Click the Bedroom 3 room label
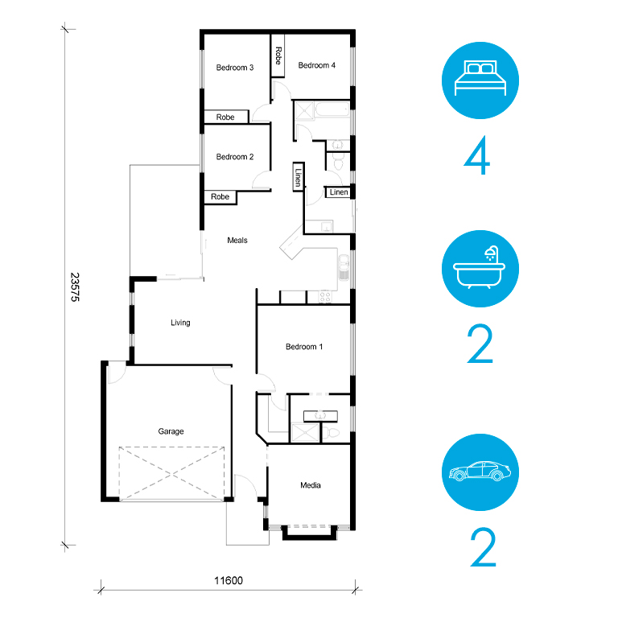point(235,68)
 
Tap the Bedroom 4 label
point(316,65)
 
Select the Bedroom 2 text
point(235,157)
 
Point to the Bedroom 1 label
point(304,347)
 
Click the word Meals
point(237,241)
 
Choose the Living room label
point(180,323)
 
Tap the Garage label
point(171,431)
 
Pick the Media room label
point(311,485)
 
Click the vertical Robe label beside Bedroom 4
point(278,56)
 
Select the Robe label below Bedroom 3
point(225,117)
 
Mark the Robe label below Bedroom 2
point(220,196)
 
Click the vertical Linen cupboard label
point(299,178)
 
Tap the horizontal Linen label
point(339,192)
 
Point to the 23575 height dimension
point(75,287)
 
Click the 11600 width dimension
point(229,580)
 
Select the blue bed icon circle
point(480,80)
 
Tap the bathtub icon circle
point(480,269)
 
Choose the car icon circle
point(480,472)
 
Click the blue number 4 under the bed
point(477,155)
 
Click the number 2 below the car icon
point(483,547)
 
